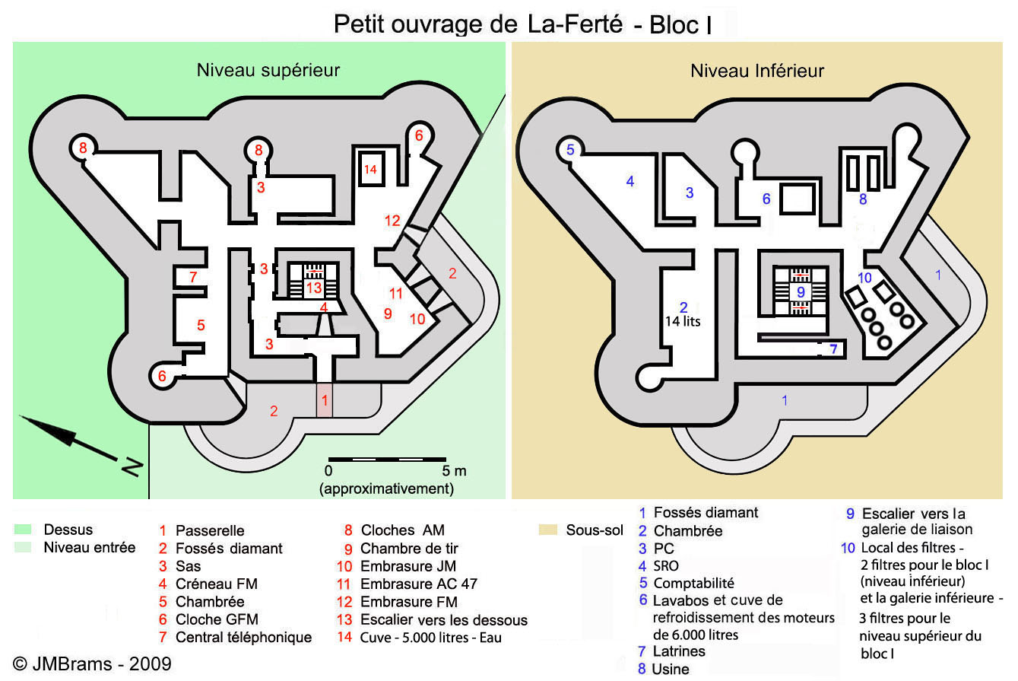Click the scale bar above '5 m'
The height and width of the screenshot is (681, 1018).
click(x=387, y=460)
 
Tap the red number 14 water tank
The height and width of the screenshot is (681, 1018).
click(x=371, y=169)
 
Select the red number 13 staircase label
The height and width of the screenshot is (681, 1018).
click(x=313, y=288)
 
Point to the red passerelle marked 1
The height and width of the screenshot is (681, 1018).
click(x=325, y=400)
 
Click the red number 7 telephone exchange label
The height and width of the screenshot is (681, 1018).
click(x=193, y=277)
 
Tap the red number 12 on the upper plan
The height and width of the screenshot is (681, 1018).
click(x=392, y=221)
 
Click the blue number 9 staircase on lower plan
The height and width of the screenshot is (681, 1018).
click(x=801, y=291)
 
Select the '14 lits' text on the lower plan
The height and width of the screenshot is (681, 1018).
click(x=683, y=321)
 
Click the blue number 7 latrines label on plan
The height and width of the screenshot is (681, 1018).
click(x=833, y=349)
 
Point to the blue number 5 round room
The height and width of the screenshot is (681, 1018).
click(x=570, y=149)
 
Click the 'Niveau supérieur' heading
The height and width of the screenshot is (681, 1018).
click(x=268, y=71)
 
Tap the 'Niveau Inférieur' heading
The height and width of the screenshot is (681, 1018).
click(x=757, y=71)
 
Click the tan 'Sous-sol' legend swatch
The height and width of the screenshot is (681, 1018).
click(x=547, y=530)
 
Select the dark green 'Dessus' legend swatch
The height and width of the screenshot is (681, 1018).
click(x=23, y=529)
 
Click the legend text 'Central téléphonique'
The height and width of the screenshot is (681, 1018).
click(x=243, y=638)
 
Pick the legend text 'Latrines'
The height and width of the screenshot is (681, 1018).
click(x=679, y=651)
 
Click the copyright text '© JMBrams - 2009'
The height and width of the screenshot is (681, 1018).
click(x=92, y=664)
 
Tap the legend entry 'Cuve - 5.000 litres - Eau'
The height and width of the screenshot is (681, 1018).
click(x=431, y=638)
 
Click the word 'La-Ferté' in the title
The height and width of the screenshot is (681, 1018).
click(x=576, y=24)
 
